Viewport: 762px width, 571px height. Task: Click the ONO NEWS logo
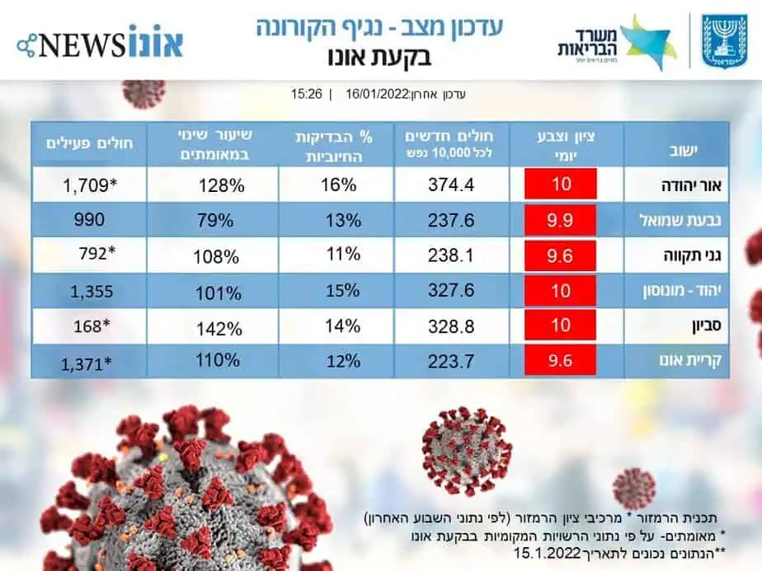[x=100, y=41]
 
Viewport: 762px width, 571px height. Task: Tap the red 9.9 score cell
[x=561, y=220]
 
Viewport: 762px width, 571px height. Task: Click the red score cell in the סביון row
[x=561, y=325]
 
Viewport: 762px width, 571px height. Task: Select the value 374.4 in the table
[x=451, y=185]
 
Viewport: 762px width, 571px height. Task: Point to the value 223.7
[x=451, y=360]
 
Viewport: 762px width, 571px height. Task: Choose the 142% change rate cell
[x=220, y=328]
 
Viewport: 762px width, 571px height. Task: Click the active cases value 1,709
[x=92, y=185]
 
